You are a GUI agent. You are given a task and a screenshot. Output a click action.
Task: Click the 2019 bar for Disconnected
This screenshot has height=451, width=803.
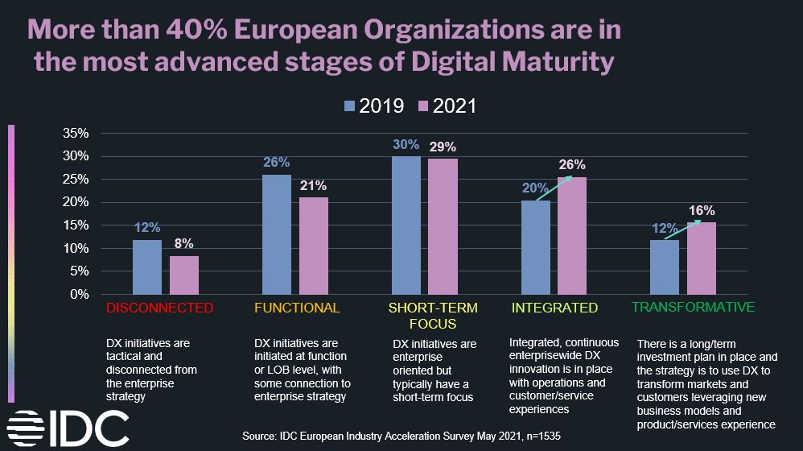[x=146, y=267]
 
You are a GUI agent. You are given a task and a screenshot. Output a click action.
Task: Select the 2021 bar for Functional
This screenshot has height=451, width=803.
[x=314, y=246]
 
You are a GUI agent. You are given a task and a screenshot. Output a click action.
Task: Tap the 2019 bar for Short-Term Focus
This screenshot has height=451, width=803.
[x=406, y=225]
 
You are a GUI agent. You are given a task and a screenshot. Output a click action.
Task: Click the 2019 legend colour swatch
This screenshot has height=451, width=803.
[x=349, y=106]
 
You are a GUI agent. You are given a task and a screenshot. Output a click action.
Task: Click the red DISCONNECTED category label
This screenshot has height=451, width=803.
[x=160, y=308]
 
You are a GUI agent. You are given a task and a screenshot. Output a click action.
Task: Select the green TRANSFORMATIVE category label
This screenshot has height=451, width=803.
[x=693, y=307]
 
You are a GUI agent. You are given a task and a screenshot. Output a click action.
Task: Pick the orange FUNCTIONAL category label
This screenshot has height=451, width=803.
[x=297, y=308]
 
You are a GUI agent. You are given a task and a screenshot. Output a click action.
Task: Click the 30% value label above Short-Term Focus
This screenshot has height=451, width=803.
[x=406, y=145]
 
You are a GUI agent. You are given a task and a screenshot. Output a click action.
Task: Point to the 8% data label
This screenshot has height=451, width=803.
[x=184, y=243]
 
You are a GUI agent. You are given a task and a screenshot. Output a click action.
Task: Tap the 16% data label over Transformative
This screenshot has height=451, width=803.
[x=701, y=211]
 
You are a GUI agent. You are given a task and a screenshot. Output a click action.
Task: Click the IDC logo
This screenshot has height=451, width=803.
[x=68, y=428]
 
